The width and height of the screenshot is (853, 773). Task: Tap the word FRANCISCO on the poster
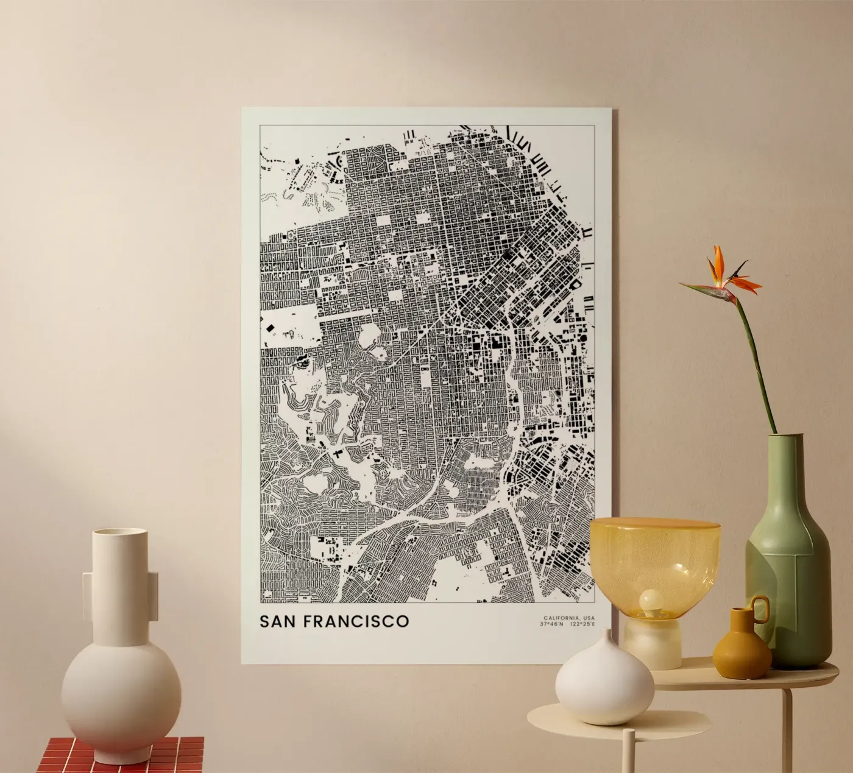356,622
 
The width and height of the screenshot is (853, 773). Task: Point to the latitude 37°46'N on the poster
551,624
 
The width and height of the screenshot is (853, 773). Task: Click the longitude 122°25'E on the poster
582,624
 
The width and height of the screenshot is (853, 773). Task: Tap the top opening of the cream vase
120,532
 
